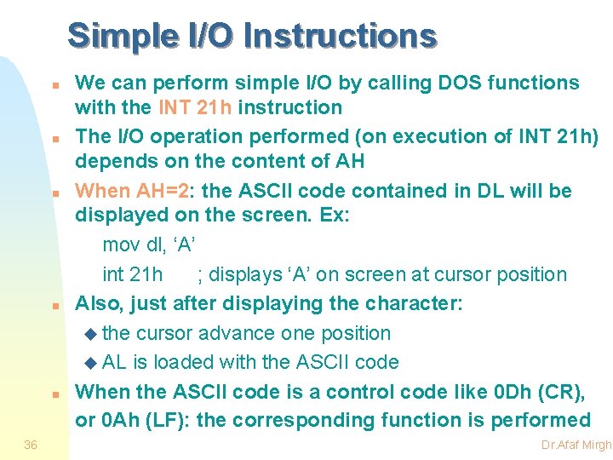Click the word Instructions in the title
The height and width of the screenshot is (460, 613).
coord(339,37)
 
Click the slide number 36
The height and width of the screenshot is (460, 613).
coord(31,445)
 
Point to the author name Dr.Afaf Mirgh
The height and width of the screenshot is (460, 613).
coord(576,446)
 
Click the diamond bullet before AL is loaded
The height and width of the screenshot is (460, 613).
coord(92,363)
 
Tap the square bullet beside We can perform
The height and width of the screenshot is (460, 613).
coord(54,86)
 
